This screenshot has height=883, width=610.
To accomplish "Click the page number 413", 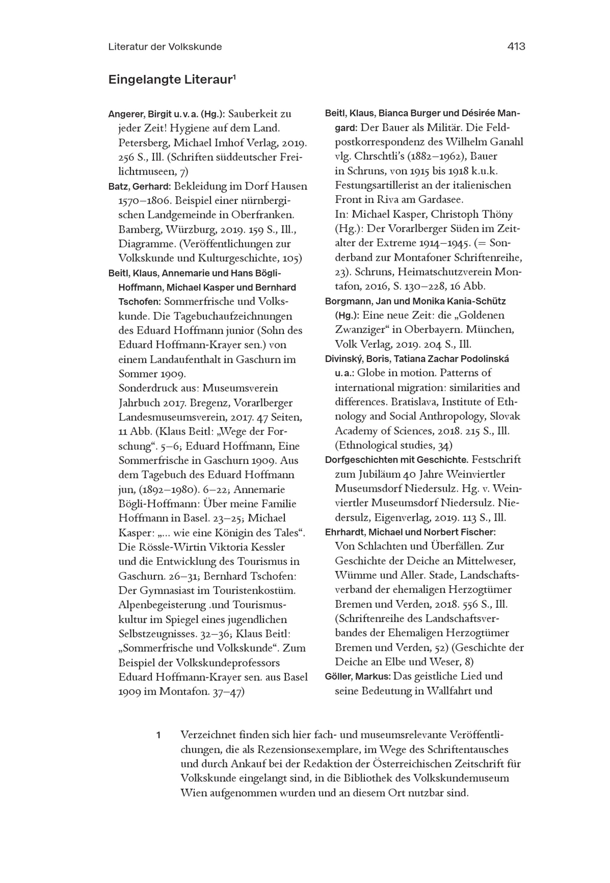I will point(516,47).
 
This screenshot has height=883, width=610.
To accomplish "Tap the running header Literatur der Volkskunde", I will point(165,47).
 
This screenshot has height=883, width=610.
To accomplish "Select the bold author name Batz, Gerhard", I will point(139,186).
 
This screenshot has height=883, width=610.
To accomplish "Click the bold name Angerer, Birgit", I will point(139,114).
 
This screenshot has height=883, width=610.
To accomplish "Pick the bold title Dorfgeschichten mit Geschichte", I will point(396,460).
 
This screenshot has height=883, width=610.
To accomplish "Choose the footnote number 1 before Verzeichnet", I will point(158,735).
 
